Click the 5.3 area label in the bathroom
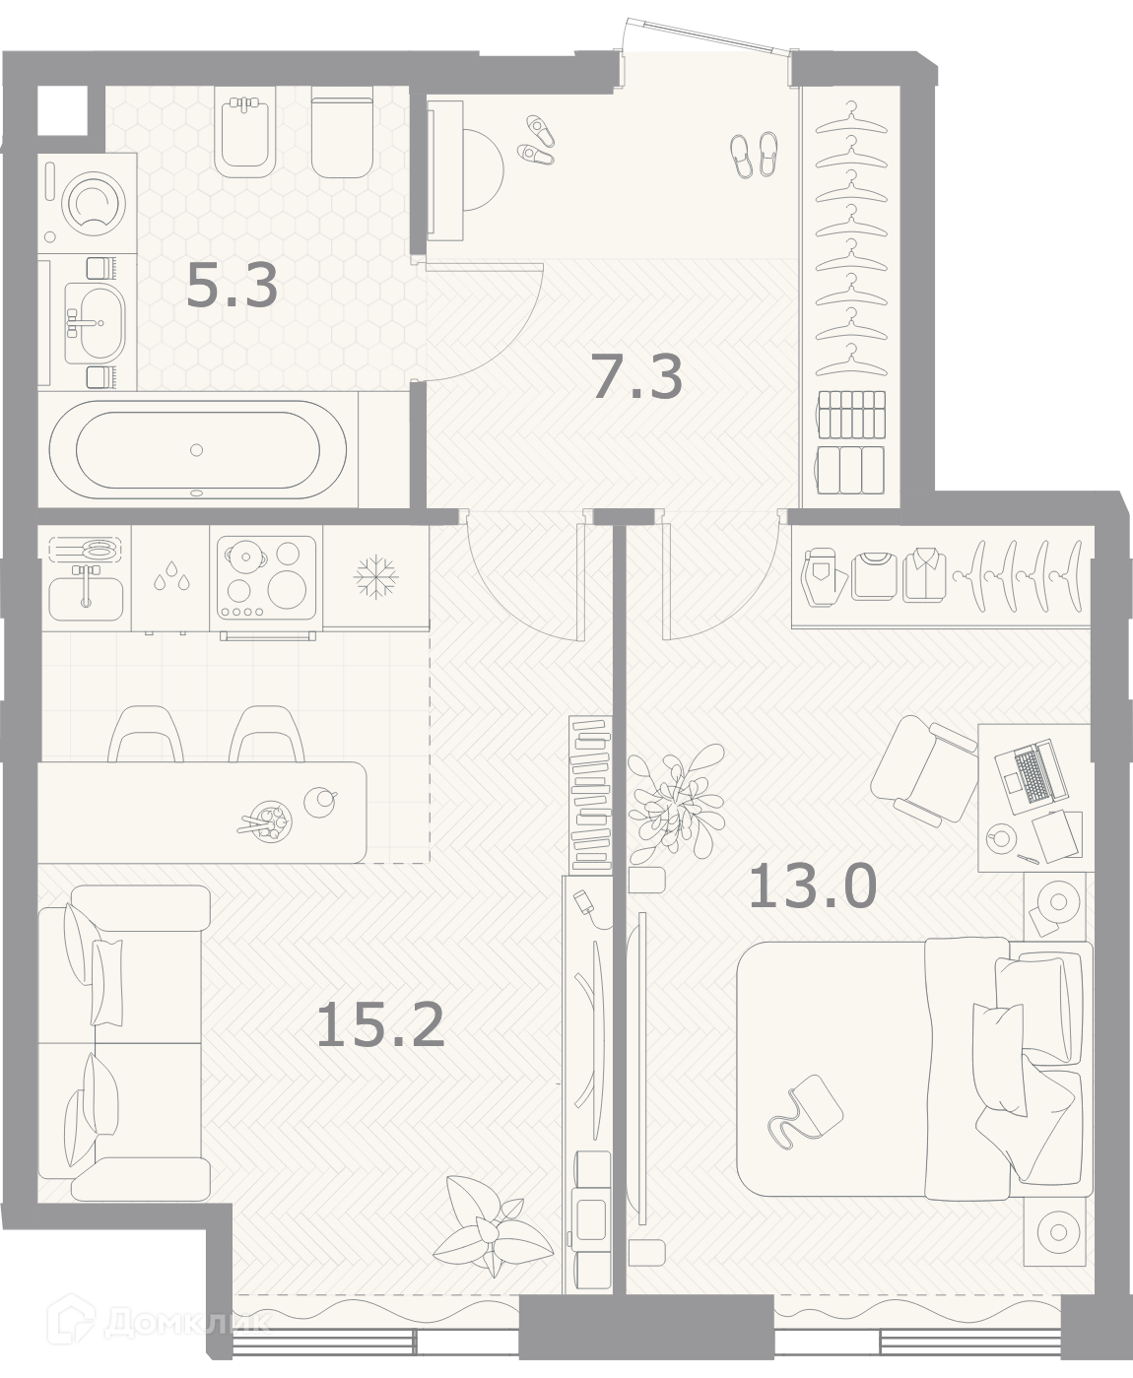[x=232, y=286]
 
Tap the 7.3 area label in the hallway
[x=637, y=376]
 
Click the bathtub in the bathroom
[x=198, y=449]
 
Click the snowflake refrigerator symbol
[x=375, y=576]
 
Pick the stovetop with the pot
[x=267, y=577]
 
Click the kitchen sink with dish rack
[x=86, y=577]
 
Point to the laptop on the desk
[x=1033, y=777]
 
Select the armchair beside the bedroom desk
[x=924, y=771]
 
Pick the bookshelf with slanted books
[x=591, y=793]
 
